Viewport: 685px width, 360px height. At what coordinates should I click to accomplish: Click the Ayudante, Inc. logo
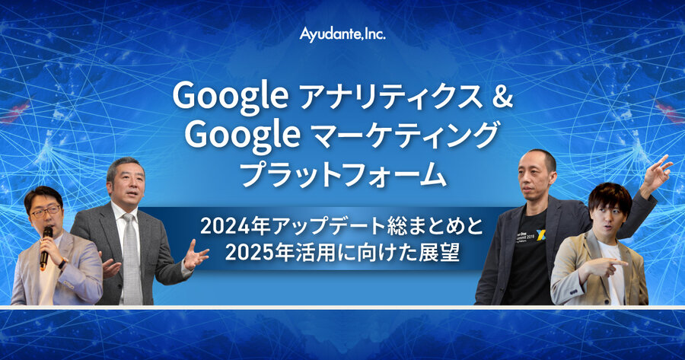coord(342,34)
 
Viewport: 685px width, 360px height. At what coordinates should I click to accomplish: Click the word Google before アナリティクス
coord(230,96)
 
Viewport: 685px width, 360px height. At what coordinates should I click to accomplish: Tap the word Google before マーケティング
coord(243,135)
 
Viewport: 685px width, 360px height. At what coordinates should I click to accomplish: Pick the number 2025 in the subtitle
coord(250,253)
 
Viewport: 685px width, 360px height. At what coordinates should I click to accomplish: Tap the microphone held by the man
coord(46,247)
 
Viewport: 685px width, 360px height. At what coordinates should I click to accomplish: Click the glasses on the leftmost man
coord(46,212)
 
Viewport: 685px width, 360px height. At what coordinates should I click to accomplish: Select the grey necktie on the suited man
coord(132,258)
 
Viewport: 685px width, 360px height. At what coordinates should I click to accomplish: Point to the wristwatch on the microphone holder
coord(63,263)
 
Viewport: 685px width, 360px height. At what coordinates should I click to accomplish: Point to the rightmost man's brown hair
coord(610,196)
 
